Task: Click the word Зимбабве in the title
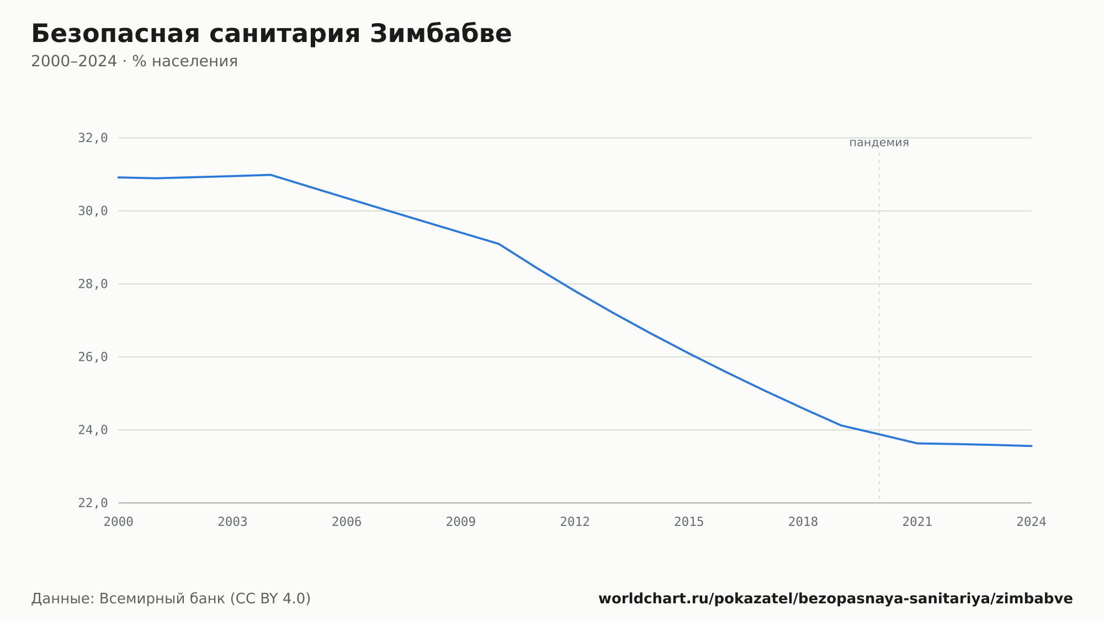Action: click(x=440, y=34)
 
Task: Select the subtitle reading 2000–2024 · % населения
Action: click(x=134, y=61)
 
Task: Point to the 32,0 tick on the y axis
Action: click(x=93, y=138)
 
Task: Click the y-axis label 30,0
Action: click(x=93, y=211)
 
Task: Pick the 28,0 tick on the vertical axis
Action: click(x=93, y=284)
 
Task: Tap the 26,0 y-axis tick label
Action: click(x=93, y=357)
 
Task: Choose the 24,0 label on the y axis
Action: click(x=93, y=430)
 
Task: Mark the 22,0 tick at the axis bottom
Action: click(x=93, y=503)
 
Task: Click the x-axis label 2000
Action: click(x=119, y=522)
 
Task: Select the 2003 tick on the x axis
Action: click(x=232, y=522)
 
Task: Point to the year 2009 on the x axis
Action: click(x=461, y=522)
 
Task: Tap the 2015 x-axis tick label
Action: click(x=689, y=522)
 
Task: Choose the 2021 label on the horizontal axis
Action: click(x=917, y=522)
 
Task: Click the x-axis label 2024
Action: click(x=1031, y=522)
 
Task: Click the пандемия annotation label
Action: click(x=879, y=143)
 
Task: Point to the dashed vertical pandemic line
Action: click(x=879, y=325)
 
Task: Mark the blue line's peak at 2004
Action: click(x=270, y=175)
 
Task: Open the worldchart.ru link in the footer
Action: click(x=836, y=599)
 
